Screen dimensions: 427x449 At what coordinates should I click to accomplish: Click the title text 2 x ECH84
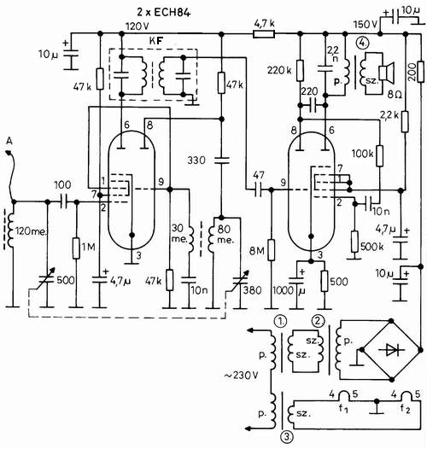coord(164,12)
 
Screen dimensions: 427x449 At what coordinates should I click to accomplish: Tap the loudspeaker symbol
coord(387,72)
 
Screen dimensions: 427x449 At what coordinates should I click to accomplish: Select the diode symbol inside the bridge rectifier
coord(391,350)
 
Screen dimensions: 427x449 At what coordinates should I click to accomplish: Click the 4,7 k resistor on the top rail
coord(264,34)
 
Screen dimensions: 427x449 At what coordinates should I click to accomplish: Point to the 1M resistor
coord(76,248)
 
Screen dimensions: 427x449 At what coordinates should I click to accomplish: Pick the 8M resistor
coord(272,250)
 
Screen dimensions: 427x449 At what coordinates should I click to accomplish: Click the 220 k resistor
coord(300,70)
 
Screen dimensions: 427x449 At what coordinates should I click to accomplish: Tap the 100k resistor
coord(379,155)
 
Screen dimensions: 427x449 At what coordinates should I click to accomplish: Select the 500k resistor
coord(354,242)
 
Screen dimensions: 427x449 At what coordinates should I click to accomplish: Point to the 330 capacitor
coord(221,160)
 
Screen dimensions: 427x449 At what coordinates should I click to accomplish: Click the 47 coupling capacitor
coord(259,190)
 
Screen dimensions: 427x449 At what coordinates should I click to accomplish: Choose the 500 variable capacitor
coord(47,280)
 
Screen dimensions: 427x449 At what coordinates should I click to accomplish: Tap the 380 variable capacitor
coord(240,281)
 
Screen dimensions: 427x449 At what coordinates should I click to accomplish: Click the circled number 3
coord(288,436)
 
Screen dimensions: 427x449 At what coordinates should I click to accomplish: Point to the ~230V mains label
coord(241,375)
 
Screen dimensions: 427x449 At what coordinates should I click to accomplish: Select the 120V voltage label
coord(137,26)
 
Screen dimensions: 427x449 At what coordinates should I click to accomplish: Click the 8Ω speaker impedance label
coord(395,95)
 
